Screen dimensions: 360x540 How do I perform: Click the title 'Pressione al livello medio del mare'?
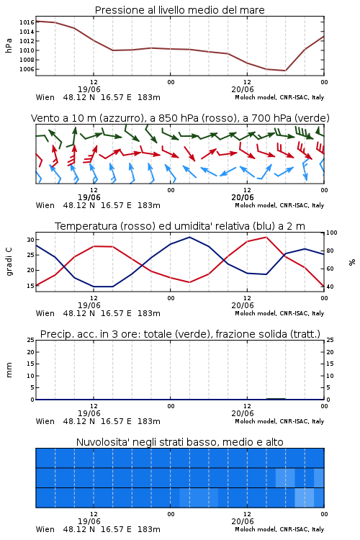pyautogui.click(x=179, y=10)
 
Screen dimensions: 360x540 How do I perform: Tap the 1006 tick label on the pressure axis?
pyautogui.click(x=27, y=69)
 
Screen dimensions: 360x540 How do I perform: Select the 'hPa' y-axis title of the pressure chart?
pyautogui.click(x=9, y=45)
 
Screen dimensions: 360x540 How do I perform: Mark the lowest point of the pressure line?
pyautogui.click(x=285, y=71)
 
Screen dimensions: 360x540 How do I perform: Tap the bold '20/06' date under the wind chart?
pyautogui.click(x=243, y=197)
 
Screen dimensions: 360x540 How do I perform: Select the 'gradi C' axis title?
pyautogui.click(x=9, y=262)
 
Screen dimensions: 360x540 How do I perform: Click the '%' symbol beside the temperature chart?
pyautogui.click(x=352, y=262)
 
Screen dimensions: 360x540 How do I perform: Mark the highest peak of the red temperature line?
pyautogui.click(x=266, y=238)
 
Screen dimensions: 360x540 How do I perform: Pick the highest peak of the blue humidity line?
pyautogui.click(x=189, y=238)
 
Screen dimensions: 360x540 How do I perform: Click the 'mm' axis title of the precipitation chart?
pyautogui.click(x=9, y=370)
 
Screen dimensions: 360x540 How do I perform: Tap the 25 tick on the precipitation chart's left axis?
pyautogui.click(x=31, y=340)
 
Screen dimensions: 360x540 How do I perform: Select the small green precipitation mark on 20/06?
pyautogui.click(x=276, y=399)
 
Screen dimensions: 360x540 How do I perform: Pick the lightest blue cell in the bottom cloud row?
pyautogui.click(x=304, y=498)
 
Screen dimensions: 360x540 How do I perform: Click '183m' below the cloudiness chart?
pyautogui.click(x=149, y=529)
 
